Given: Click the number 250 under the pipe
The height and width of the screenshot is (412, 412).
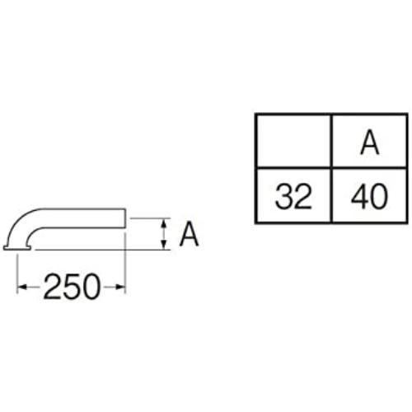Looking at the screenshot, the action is click(72, 287).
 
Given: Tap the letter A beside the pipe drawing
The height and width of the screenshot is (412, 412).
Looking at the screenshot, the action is click(189, 234).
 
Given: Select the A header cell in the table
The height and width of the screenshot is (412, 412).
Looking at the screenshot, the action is click(370, 141).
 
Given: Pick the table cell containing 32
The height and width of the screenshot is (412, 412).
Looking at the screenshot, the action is click(294, 195).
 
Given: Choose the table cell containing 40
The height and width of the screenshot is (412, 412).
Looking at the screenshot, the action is click(370, 195).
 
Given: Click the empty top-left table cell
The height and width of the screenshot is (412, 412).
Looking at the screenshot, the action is click(293, 141).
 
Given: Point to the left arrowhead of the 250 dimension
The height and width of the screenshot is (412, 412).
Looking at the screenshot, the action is click(22, 288).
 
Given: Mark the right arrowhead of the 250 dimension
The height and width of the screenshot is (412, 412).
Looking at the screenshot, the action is click(120, 288).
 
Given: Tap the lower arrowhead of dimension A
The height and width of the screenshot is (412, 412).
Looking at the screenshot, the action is click(164, 245).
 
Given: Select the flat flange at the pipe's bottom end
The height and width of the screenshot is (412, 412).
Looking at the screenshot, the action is click(17, 248).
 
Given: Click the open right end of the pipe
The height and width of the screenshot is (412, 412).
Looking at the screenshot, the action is click(125, 218).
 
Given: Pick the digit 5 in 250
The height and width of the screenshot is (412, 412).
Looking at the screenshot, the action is click(73, 287).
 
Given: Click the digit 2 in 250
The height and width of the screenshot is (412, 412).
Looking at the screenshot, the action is click(52, 287).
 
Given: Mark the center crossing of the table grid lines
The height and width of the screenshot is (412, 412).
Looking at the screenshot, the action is click(332, 167).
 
